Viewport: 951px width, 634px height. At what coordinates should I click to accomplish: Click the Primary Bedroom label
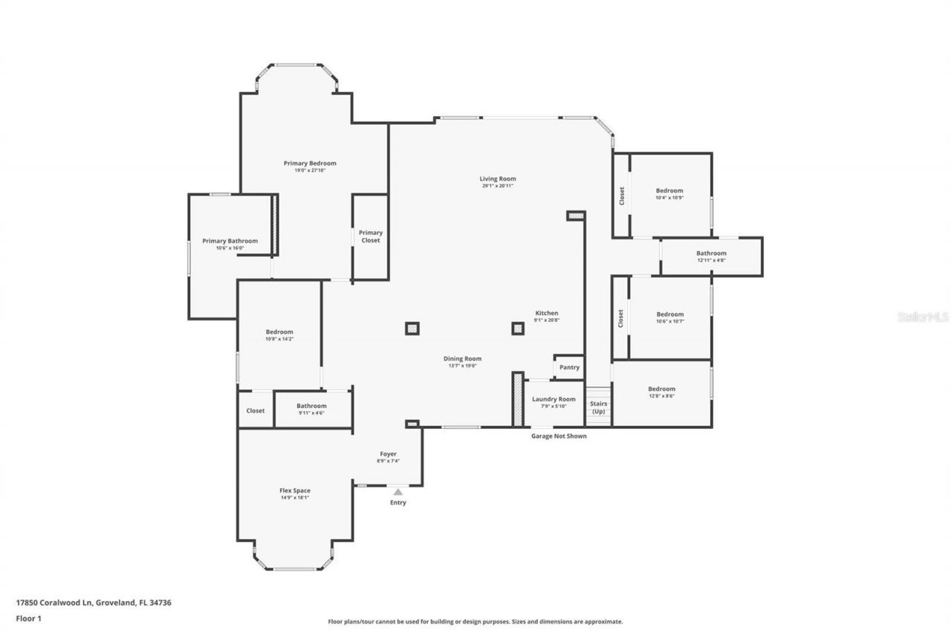tap(310, 164)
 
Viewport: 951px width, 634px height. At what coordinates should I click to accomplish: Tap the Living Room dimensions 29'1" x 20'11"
tap(497, 186)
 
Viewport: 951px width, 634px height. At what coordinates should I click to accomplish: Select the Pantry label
tap(569, 368)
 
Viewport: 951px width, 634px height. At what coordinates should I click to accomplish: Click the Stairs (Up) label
tap(598, 407)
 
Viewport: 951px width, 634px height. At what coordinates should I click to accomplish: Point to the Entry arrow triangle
tap(398, 491)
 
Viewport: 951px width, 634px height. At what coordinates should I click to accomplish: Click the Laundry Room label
tap(554, 399)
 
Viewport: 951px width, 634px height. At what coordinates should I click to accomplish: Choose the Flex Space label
tap(295, 491)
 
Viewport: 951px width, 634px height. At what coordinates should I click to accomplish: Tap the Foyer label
tap(388, 454)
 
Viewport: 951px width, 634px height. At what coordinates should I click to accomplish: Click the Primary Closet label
tap(371, 236)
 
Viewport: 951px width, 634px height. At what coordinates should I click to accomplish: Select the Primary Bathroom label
tap(230, 241)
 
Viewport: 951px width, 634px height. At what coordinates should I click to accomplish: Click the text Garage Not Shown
tap(559, 436)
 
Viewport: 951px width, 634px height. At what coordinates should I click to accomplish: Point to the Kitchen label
tap(547, 313)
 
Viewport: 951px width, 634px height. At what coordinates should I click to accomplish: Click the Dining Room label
tap(463, 358)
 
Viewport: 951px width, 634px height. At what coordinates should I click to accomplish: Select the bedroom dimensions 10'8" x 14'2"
tap(279, 339)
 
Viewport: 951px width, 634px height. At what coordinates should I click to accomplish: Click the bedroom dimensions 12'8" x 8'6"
tap(661, 396)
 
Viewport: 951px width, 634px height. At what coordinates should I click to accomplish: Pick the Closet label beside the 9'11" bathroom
tap(256, 410)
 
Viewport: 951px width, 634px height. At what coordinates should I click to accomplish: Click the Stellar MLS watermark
tap(923, 317)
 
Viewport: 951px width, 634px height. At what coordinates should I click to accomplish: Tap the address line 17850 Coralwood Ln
tap(94, 603)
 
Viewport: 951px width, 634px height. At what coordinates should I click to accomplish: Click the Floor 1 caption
tap(28, 618)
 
